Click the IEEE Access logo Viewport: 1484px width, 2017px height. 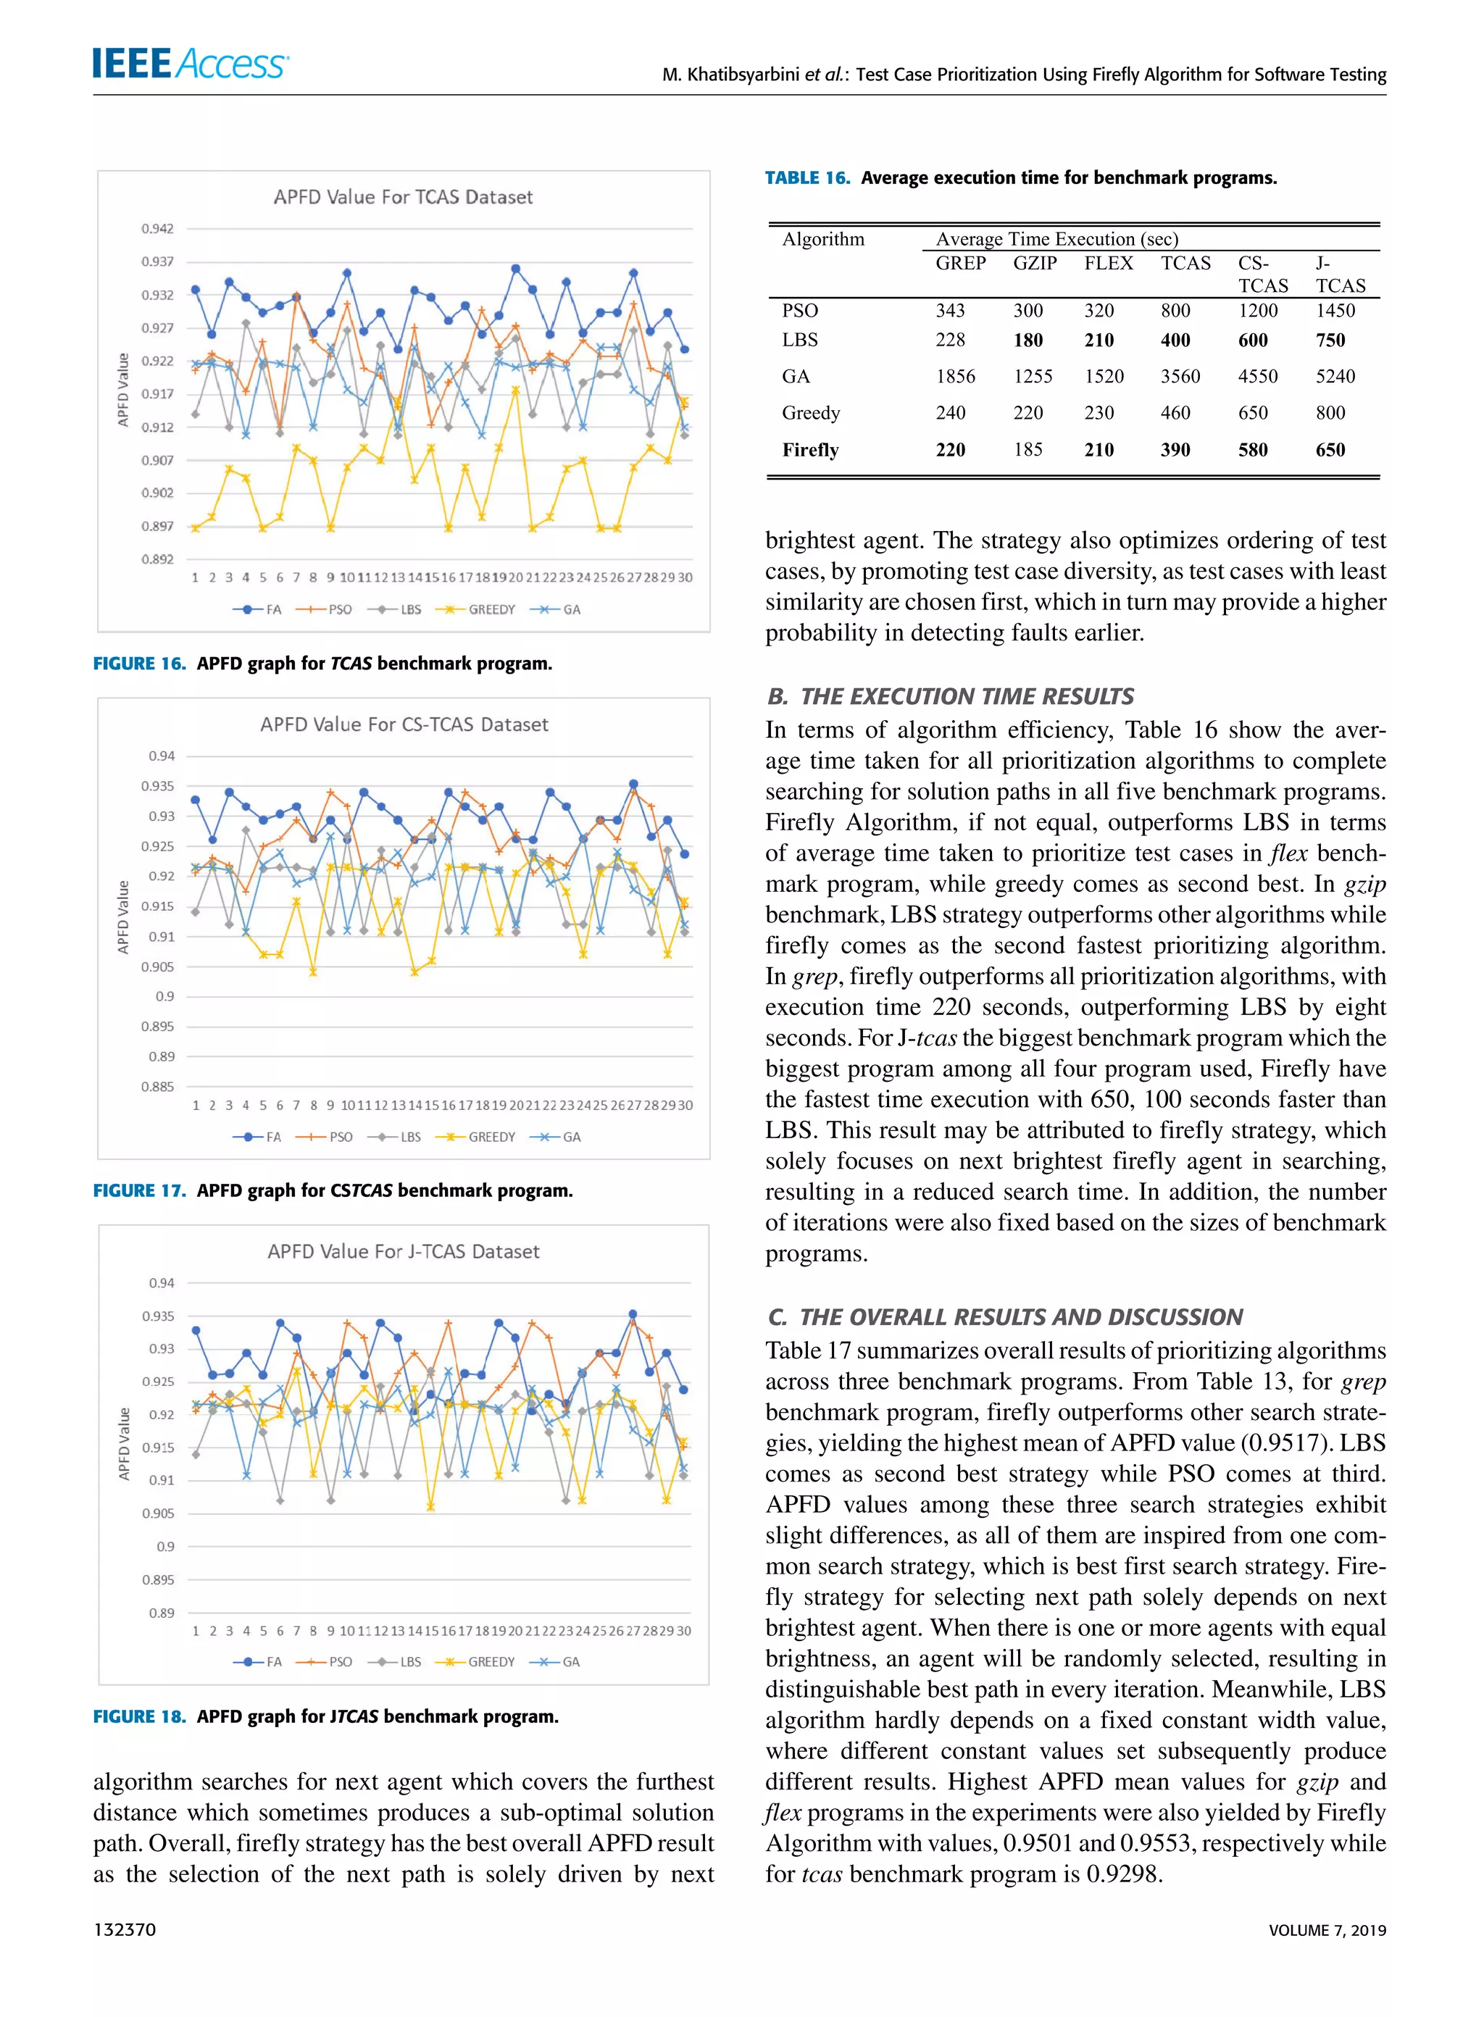[x=191, y=64]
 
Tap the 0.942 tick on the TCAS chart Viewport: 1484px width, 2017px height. [x=157, y=229]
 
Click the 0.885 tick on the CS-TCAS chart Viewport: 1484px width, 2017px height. [x=157, y=1087]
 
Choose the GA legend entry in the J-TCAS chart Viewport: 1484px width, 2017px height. [x=559, y=1662]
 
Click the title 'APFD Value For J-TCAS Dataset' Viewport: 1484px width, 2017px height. [x=404, y=1252]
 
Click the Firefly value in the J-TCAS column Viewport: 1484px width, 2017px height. [x=1330, y=450]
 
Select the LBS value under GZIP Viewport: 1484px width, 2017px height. [x=1028, y=341]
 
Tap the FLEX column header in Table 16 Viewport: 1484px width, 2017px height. [x=1109, y=263]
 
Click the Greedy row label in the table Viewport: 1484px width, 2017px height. [x=810, y=413]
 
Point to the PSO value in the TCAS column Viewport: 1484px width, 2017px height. [x=1175, y=311]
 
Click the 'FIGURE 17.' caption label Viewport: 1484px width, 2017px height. [x=139, y=1191]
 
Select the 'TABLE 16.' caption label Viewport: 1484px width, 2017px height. [x=806, y=178]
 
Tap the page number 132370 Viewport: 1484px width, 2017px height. [x=125, y=1930]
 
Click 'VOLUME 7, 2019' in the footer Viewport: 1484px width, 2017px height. [x=1327, y=1930]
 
